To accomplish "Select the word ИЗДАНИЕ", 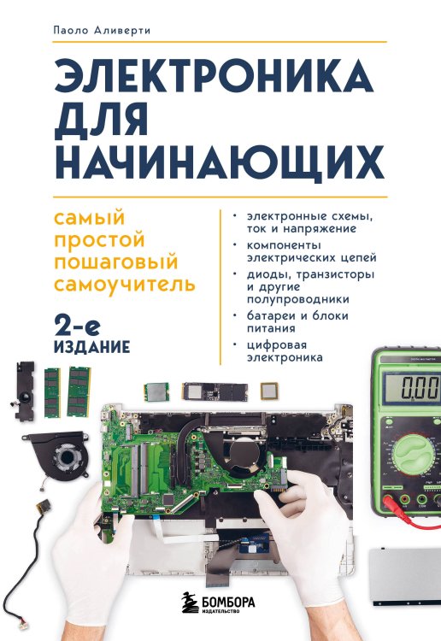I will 91,347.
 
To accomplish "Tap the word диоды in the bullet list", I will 266,273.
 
